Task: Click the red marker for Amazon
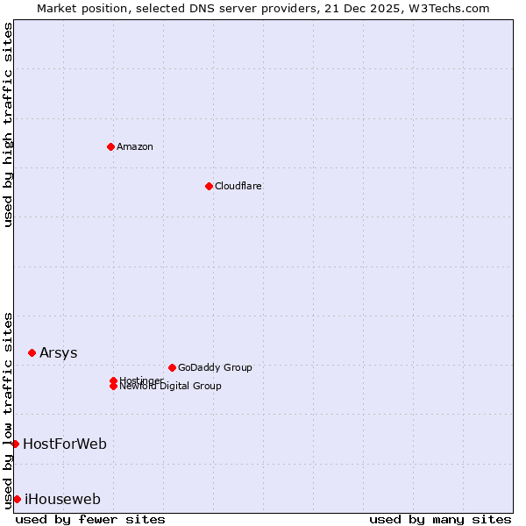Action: coord(110,146)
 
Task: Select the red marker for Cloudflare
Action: coord(209,186)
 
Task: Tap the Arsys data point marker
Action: coord(32,352)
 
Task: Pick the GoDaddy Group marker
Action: coord(172,367)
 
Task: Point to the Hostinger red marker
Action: coord(113,380)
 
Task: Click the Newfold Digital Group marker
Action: coord(113,387)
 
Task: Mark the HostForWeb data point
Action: coord(15,444)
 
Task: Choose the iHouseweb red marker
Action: coord(17,499)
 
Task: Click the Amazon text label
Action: coord(135,146)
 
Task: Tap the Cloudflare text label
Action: coord(238,186)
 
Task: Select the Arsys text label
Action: coord(59,352)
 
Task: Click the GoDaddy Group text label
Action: coord(215,367)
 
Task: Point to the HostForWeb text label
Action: coord(65,444)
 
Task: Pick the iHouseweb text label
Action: coord(62,499)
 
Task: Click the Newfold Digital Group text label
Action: coord(171,387)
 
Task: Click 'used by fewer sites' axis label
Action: coord(90,519)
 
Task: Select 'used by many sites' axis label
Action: coord(440,519)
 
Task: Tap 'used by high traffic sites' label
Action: coord(8,124)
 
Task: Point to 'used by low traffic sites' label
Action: coord(8,409)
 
